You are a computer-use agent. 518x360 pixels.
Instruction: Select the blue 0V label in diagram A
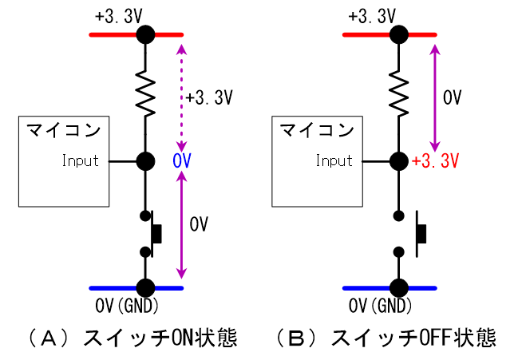[x=181, y=161]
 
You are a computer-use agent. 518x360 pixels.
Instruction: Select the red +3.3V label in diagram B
[x=436, y=161]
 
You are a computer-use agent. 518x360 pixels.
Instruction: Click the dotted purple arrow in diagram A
[x=182, y=97]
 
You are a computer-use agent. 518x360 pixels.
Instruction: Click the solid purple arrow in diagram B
[x=436, y=97]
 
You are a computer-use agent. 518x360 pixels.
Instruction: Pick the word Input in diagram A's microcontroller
[x=81, y=161]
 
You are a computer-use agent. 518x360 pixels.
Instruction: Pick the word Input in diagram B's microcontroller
[x=334, y=161]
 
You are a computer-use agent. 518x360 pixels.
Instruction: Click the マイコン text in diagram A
[x=63, y=130]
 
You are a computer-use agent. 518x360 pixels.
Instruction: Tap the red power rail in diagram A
[x=112, y=34]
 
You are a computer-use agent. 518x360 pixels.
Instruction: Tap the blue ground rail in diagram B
[x=367, y=287]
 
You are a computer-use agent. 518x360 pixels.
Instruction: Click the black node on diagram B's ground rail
[x=398, y=287]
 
